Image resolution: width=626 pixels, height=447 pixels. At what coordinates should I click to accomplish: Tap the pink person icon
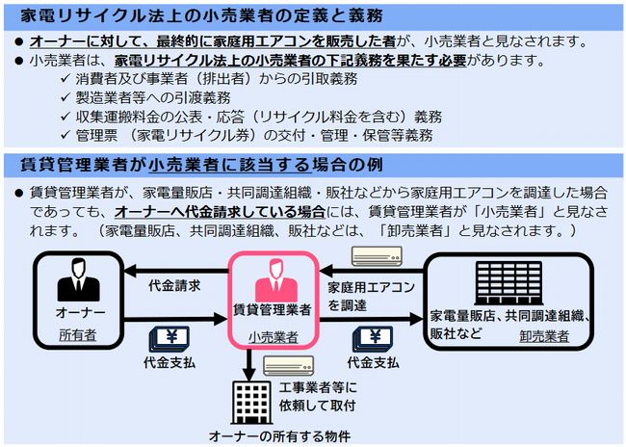(275, 280)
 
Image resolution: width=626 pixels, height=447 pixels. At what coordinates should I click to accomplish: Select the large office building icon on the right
(509, 283)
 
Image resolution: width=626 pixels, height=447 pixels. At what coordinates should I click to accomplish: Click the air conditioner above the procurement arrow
(377, 256)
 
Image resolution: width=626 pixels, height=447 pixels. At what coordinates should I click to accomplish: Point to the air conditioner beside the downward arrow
(288, 365)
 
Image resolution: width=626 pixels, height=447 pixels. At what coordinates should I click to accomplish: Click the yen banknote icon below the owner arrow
(170, 339)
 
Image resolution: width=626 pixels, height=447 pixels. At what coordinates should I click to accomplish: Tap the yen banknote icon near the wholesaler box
(373, 339)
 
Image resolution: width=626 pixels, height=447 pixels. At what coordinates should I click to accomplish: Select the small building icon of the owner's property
(252, 403)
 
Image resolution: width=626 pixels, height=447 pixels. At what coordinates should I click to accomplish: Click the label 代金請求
(174, 285)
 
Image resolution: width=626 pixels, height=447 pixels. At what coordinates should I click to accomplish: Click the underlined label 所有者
(78, 334)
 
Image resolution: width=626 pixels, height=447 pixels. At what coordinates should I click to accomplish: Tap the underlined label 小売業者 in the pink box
(274, 337)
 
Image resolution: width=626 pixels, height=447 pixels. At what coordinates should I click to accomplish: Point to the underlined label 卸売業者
(544, 336)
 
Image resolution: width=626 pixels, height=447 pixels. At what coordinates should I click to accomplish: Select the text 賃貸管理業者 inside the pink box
(272, 309)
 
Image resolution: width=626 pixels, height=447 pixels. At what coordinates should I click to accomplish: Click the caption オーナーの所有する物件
(279, 436)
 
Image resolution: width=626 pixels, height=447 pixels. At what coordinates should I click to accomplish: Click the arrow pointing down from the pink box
(248, 364)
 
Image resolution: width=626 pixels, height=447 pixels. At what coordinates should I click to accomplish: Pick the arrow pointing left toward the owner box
(176, 272)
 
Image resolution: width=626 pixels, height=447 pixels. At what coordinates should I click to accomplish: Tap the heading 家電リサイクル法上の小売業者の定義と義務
(202, 16)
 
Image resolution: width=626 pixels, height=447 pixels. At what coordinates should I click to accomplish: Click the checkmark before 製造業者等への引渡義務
(65, 97)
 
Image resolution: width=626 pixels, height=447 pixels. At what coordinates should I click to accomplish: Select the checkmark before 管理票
(65, 135)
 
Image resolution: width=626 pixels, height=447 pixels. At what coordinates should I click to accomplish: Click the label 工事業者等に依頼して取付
(318, 396)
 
